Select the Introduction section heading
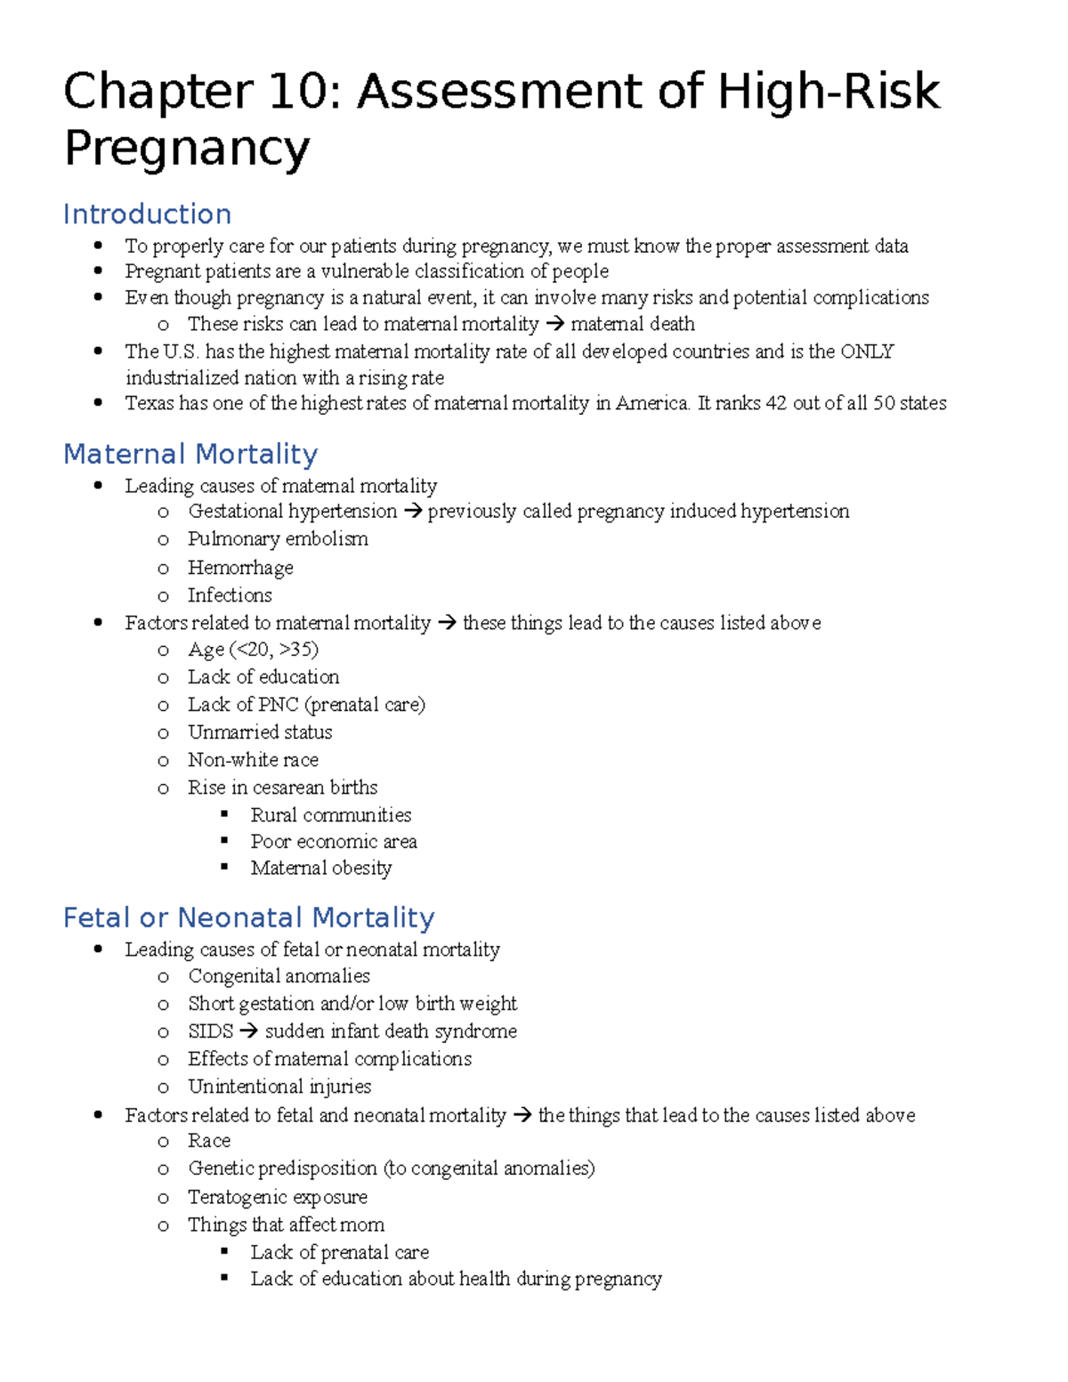(x=148, y=214)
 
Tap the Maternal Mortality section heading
(x=190, y=455)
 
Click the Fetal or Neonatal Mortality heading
(x=249, y=917)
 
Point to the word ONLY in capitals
(x=867, y=352)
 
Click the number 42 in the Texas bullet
(x=776, y=403)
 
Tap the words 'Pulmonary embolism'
(x=278, y=539)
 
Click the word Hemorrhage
(x=240, y=568)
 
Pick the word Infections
(x=230, y=595)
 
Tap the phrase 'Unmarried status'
(x=260, y=732)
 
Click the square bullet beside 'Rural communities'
(x=224, y=813)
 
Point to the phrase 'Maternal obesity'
(x=320, y=868)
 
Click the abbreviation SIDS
(x=210, y=1031)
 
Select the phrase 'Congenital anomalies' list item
(x=279, y=976)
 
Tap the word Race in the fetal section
(x=209, y=1141)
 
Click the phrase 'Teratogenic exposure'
(x=278, y=1197)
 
